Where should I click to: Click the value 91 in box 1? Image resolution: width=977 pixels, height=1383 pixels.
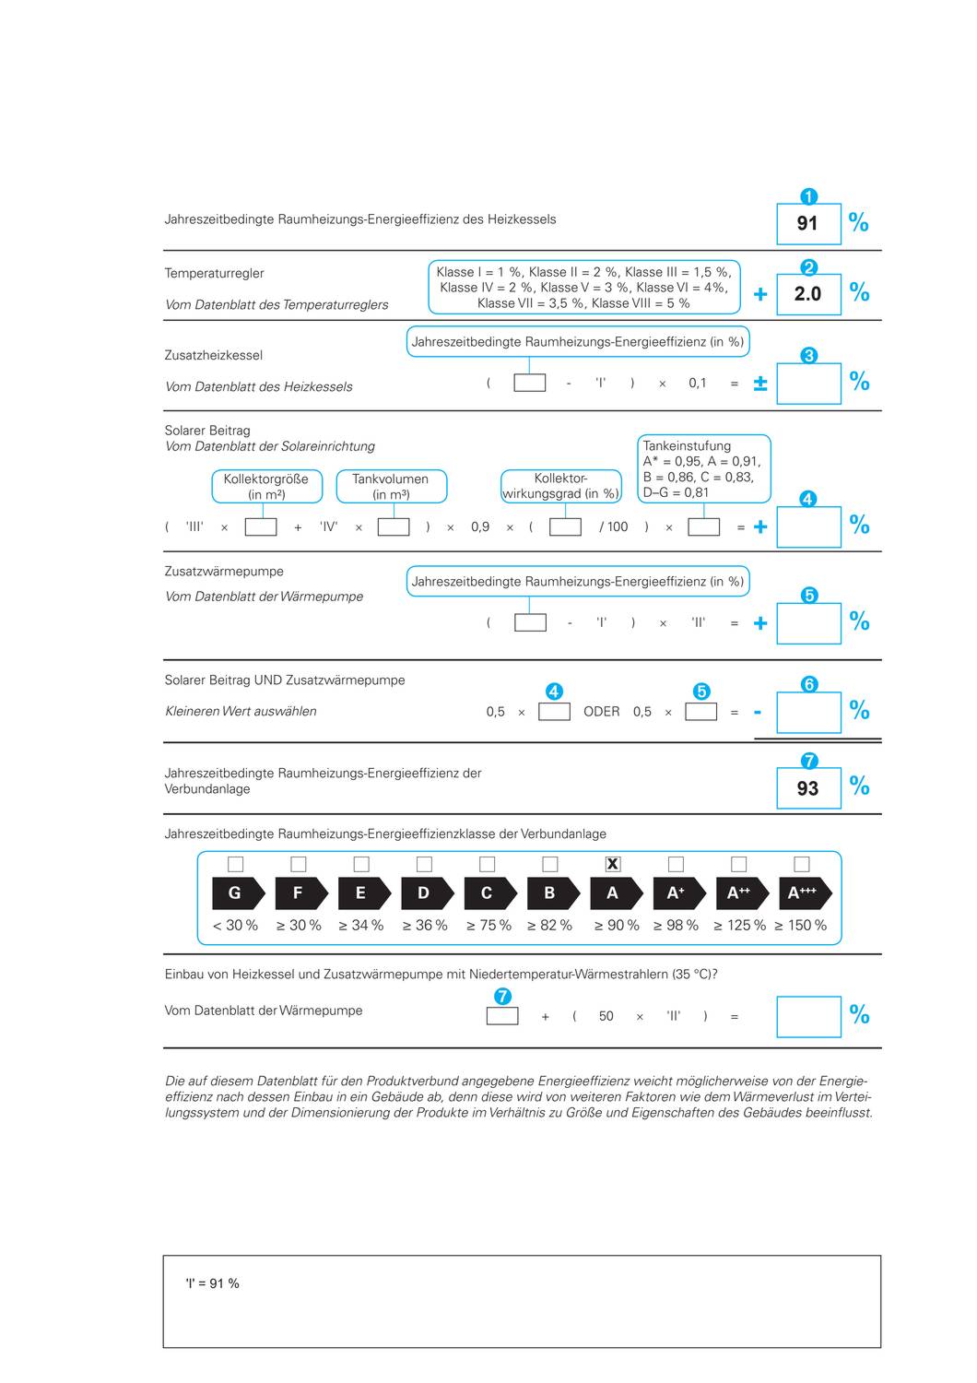[x=807, y=224]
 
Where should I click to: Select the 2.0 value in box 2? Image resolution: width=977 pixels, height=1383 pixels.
[x=807, y=294]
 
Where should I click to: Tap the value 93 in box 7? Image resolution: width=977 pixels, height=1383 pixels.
[x=807, y=789]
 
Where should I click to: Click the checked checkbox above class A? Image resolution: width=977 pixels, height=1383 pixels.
[x=613, y=864]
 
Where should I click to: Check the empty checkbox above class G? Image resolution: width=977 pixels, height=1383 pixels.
[x=235, y=864]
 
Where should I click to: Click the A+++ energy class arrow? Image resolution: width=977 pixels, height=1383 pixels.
[x=803, y=892]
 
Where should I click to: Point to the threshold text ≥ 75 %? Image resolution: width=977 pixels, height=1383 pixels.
[x=487, y=925]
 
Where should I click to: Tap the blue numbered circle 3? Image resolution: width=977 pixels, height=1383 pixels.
[x=809, y=356]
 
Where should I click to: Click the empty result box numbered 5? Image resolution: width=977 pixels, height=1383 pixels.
[x=808, y=623]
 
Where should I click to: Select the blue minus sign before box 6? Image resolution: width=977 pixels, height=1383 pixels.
[x=758, y=712]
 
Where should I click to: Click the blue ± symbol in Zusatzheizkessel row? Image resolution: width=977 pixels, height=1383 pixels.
[x=760, y=384]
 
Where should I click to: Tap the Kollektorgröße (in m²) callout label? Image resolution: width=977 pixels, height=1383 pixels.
[x=266, y=486]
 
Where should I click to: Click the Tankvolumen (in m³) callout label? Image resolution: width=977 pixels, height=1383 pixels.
[x=391, y=486]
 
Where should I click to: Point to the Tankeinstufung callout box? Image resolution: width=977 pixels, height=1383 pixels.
[x=703, y=468]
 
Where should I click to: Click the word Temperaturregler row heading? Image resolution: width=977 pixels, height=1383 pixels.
[x=214, y=273]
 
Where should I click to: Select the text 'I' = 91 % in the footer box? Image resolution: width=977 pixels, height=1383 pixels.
[x=212, y=1283]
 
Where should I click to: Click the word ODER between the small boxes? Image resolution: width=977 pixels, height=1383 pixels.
[x=601, y=712]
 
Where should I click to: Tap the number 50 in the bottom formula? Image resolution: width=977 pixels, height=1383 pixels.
[x=606, y=1016]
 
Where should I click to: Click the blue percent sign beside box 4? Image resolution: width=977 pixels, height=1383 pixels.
[x=859, y=525]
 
